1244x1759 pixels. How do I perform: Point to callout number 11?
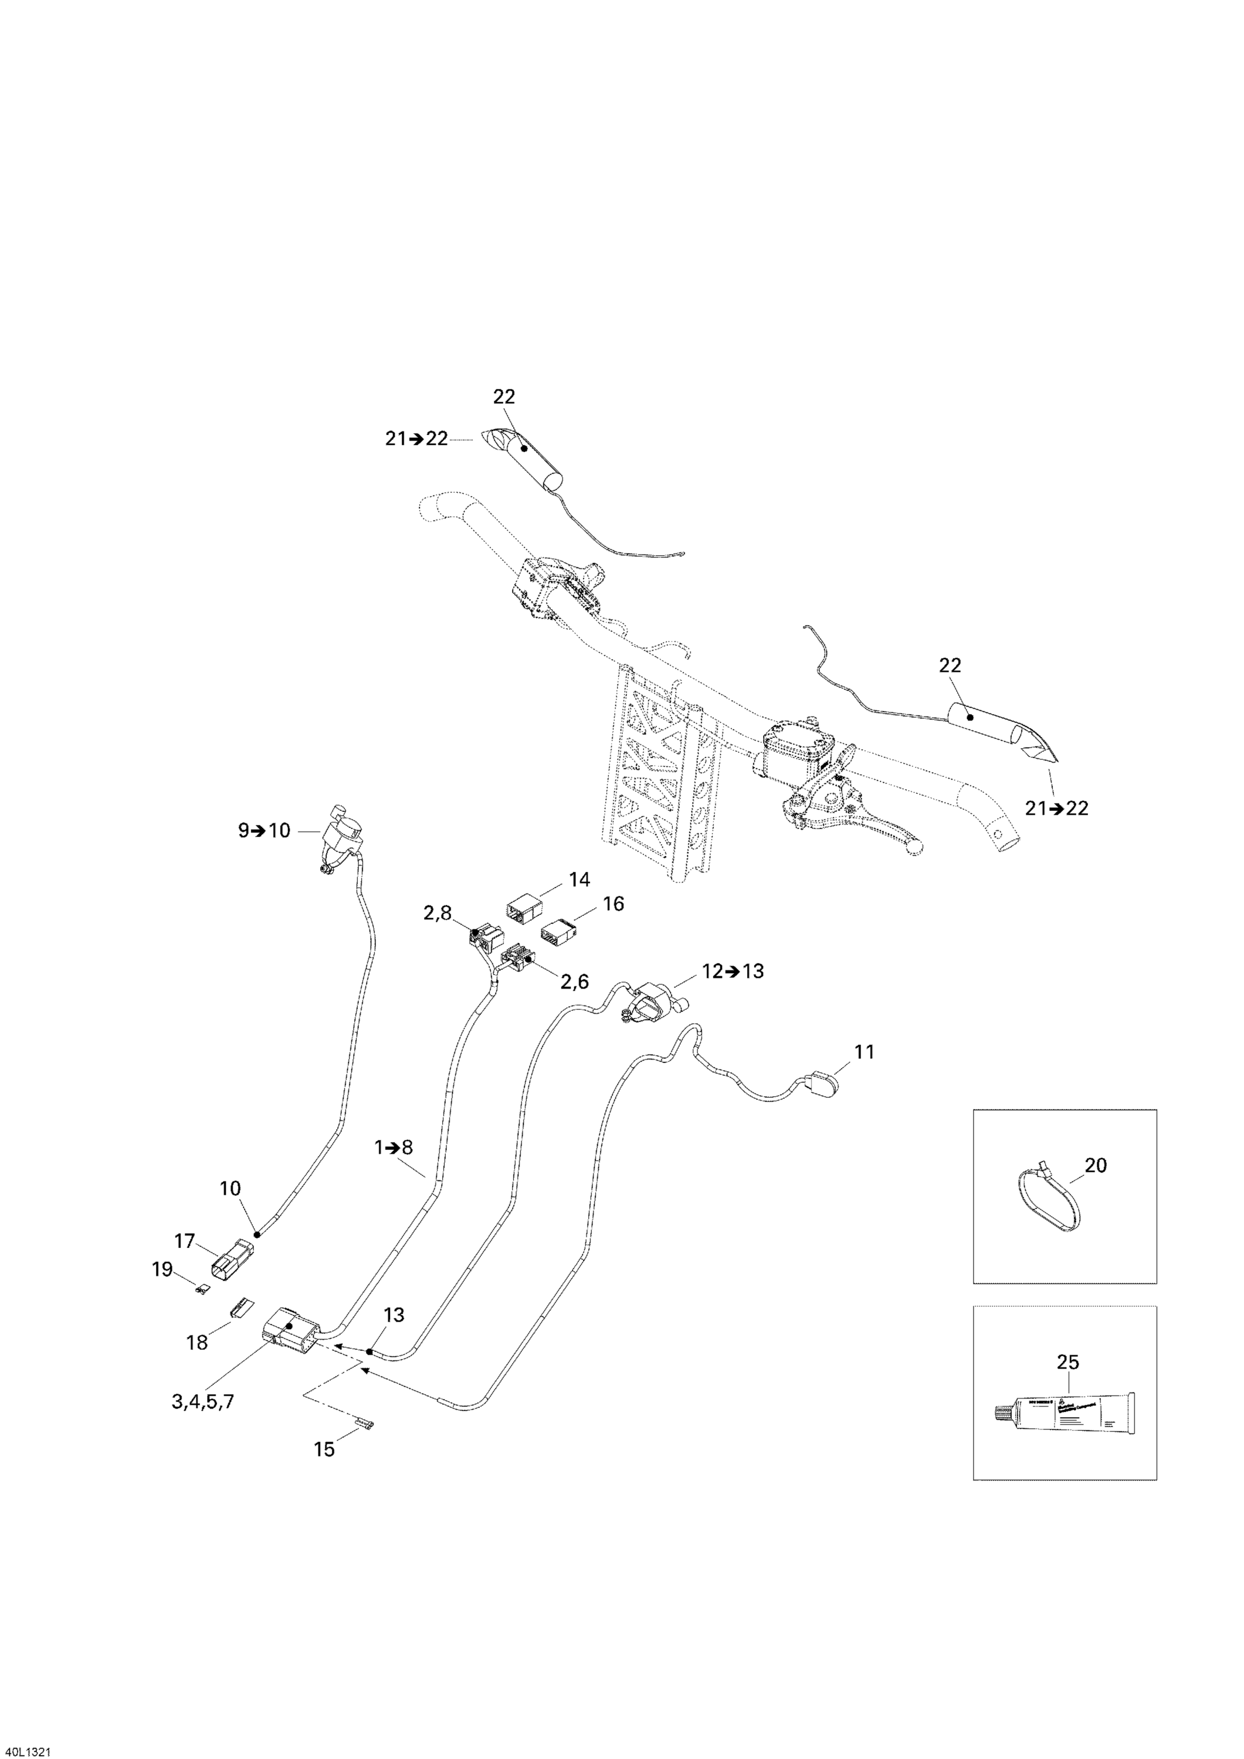coord(864,1052)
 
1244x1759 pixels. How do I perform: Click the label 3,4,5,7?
coord(202,1402)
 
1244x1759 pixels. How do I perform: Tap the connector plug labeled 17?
coord(232,1258)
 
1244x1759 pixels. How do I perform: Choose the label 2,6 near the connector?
coord(574,982)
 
